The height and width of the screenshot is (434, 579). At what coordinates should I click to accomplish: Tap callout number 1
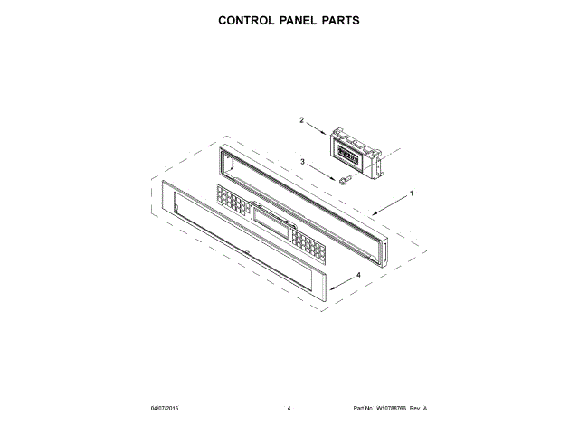pyautogui.click(x=411, y=193)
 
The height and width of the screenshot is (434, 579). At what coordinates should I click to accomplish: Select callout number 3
pyautogui.click(x=302, y=163)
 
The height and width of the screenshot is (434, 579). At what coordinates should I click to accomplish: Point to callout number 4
pyautogui.click(x=358, y=275)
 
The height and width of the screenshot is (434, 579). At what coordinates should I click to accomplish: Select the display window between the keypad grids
pyautogui.click(x=272, y=222)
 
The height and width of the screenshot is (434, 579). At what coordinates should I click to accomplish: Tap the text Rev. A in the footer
pyautogui.click(x=419, y=409)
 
